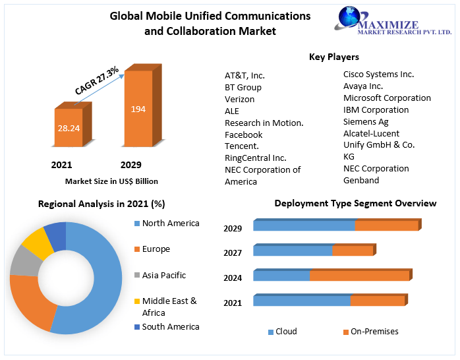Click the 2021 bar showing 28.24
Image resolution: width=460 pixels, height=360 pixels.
[69, 127]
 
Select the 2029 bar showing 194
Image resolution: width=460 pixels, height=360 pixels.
[138, 109]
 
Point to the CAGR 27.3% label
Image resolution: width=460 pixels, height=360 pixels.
[97, 80]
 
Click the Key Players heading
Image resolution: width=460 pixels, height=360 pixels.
[333, 57]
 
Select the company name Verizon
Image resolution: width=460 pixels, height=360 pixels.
[239, 99]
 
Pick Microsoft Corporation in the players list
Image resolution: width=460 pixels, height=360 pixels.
[387, 98]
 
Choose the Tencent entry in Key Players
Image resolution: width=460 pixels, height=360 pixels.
[242, 146]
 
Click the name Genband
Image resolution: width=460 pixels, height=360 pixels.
[361, 180]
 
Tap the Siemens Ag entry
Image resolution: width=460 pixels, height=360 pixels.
[366, 121]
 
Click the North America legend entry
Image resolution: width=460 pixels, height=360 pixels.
[170, 224]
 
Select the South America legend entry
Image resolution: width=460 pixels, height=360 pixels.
[170, 326]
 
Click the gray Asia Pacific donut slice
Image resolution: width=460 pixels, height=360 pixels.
[26, 262]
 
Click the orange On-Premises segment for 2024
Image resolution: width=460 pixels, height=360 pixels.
[359, 276]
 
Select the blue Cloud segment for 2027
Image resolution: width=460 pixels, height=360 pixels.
[293, 251]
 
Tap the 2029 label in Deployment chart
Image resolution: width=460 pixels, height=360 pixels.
[233, 228]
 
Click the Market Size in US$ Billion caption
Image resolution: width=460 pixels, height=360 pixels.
[111, 181]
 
